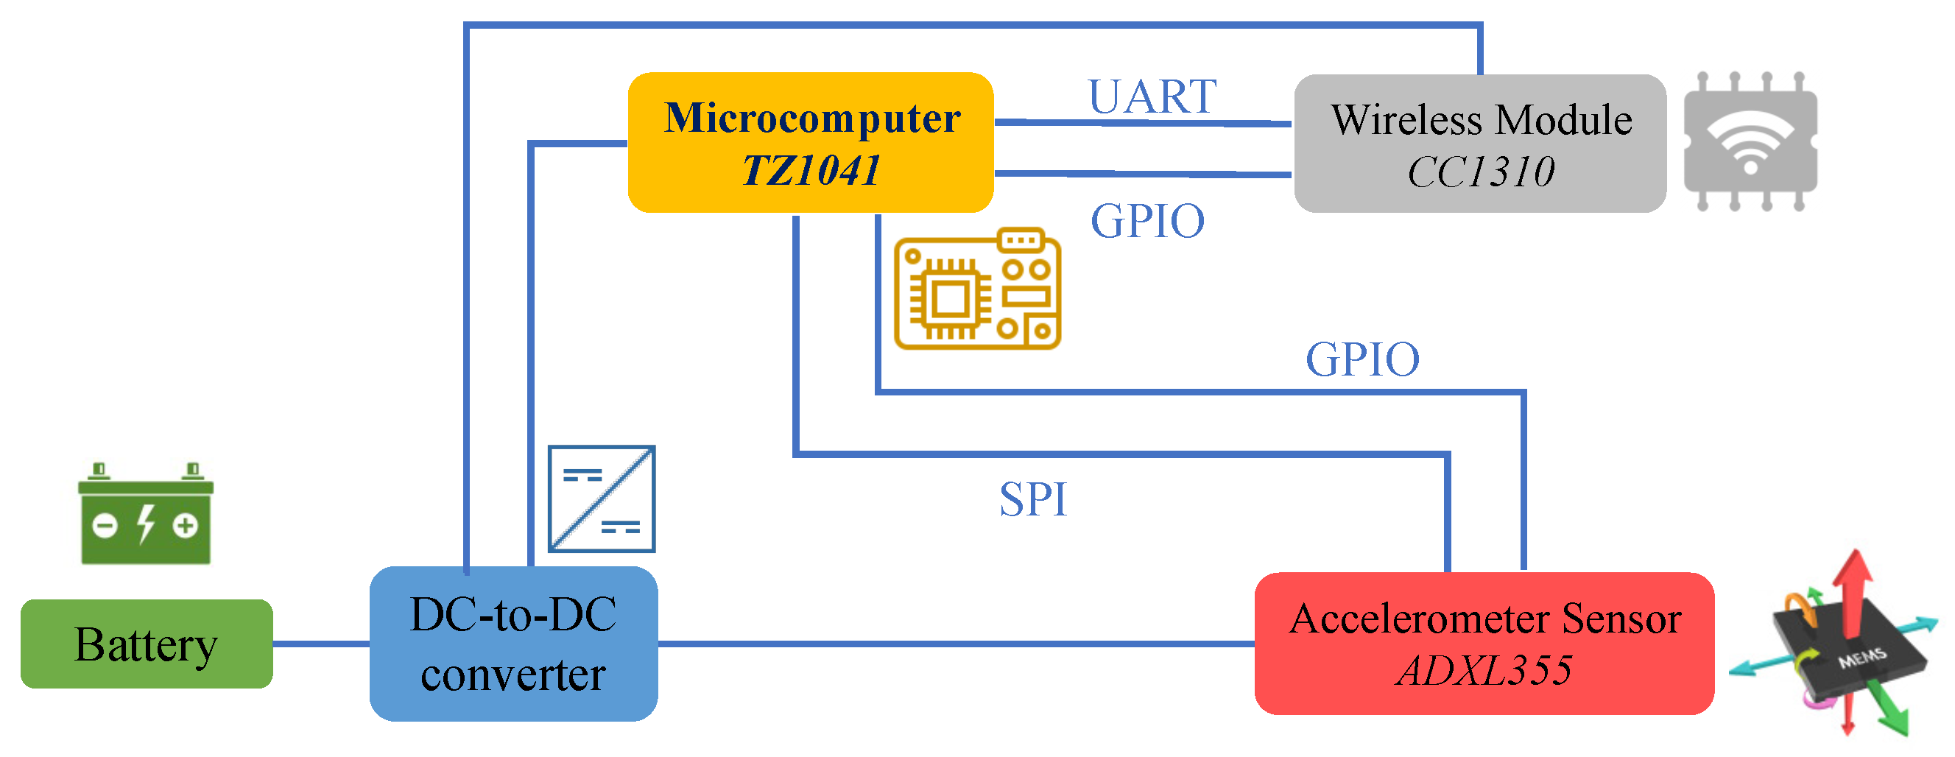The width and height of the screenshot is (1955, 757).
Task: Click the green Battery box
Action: pos(146,644)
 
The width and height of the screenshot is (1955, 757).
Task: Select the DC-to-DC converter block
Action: pos(513,644)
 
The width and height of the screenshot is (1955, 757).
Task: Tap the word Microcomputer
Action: pos(811,119)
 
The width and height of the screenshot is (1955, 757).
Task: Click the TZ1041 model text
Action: pos(811,169)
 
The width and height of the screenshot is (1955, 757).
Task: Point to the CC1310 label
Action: pos(1480,172)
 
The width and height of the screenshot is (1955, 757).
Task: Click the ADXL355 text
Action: pos(1484,669)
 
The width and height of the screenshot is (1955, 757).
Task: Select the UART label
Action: pos(1152,97)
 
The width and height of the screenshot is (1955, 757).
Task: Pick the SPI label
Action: pos(1032,499)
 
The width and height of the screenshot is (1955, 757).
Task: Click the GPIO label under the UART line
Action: pos(1146,221)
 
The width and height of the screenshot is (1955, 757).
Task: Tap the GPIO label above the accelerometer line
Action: pos(1362,359)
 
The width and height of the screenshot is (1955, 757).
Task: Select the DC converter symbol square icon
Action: pos(601,499)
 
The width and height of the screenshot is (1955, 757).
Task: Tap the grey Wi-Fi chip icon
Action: pos(1750,141)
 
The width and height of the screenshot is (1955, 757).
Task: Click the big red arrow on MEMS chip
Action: pos(1852,592)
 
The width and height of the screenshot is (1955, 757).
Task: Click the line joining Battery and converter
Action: pos(320,644)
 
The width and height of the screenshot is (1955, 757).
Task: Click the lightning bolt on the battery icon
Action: pos(146,524)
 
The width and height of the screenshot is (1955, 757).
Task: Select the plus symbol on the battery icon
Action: pos(185,526)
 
